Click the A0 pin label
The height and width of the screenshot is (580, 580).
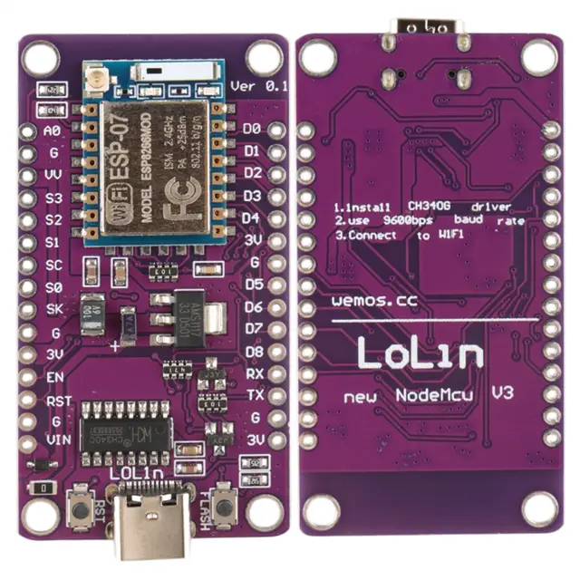click(53, 130)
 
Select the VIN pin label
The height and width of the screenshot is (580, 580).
click(53, 440)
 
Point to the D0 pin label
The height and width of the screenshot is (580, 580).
click(252, 129)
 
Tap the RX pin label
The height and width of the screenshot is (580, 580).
click(255, 373)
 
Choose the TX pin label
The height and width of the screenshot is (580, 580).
click(255, 395)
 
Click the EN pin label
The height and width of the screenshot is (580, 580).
click(54, 374)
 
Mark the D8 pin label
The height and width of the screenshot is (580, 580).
click(254, 351)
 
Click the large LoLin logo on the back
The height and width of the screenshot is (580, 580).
click(420, 353)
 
